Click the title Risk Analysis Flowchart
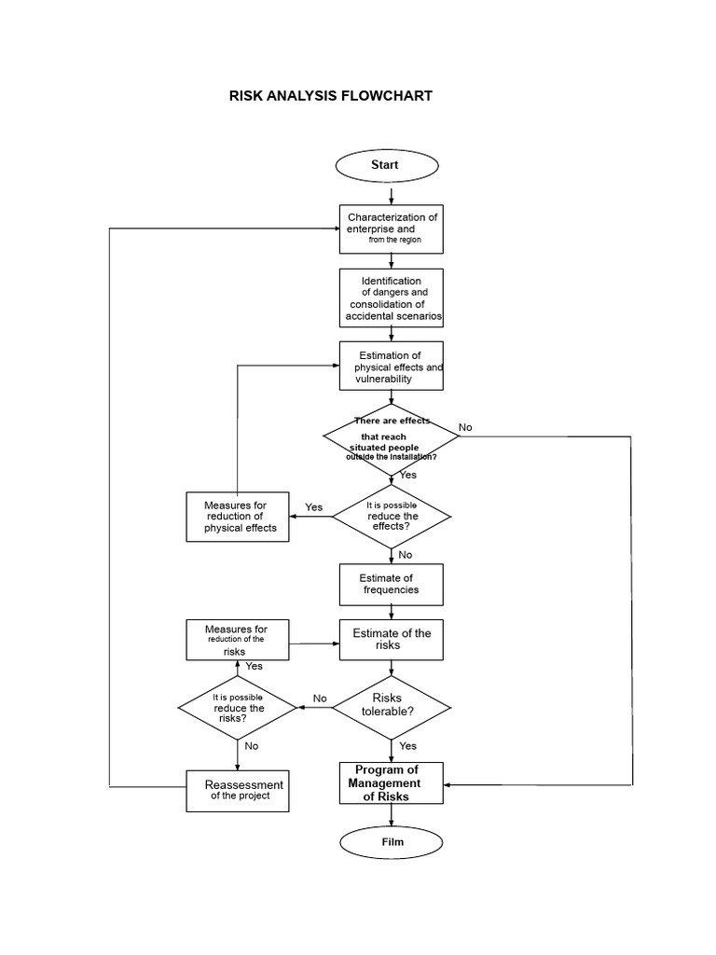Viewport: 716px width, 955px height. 330,96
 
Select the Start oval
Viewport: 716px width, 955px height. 386,165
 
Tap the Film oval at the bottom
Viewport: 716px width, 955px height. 392,842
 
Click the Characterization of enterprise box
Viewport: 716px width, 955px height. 392,228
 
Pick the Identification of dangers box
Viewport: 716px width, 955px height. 392,298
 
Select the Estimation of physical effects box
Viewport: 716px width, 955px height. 392,367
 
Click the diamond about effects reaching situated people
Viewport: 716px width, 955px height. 392,437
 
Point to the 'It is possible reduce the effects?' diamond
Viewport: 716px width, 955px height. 392,516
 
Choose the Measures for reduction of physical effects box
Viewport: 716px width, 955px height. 238,517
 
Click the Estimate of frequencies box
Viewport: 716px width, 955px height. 392,584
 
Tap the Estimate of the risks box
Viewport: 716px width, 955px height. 392,640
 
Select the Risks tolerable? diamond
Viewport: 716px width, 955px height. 392,706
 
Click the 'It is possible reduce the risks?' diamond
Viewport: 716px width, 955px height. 238,708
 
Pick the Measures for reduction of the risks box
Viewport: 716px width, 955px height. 238,640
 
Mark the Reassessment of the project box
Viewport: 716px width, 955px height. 238,790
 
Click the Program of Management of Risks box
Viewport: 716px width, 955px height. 392,783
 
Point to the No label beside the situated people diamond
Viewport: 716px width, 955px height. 465,427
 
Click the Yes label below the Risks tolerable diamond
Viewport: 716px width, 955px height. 408,746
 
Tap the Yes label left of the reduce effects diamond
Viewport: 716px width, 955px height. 313,507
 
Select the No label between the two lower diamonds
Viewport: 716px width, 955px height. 320,698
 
